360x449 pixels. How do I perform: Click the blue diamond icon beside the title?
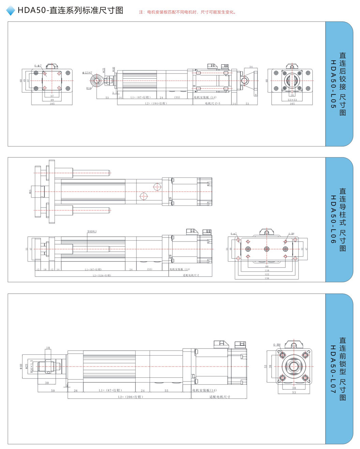[x=11, y=11]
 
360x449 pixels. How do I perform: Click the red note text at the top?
[x=187, y=12]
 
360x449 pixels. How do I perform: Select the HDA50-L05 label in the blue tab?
[x=333, y=84]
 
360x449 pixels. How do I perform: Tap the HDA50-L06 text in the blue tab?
[x=333, y=219]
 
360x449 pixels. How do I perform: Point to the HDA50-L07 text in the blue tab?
[x=333, y=369]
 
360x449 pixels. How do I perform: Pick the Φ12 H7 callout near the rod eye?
[x=87, y=73]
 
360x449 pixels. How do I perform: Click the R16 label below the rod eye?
[x=89, y=88]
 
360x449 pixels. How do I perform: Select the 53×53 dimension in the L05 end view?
[x=292, y=100]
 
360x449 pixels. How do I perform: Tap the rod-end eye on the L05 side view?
[x=96, y=80]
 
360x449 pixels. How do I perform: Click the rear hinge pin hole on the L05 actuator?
[x=244, y=81]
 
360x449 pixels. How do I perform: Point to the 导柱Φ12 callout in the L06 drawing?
[x=92, y=231]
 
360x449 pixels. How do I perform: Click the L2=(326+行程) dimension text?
[x=102, y=275]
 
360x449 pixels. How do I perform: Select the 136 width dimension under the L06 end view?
[x=267, y=278]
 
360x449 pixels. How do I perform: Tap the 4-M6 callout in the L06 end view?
[x=291, y=234]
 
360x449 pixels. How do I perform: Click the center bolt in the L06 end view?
[x=267, y=249]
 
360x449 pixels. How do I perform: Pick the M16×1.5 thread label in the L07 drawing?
[x=32, y=366]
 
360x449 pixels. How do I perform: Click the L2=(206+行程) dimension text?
[x=131, y=397]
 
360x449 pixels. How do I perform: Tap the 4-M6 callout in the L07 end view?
[x=277, y=345]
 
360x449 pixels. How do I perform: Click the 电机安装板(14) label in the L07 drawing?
[x=204, y=390]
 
